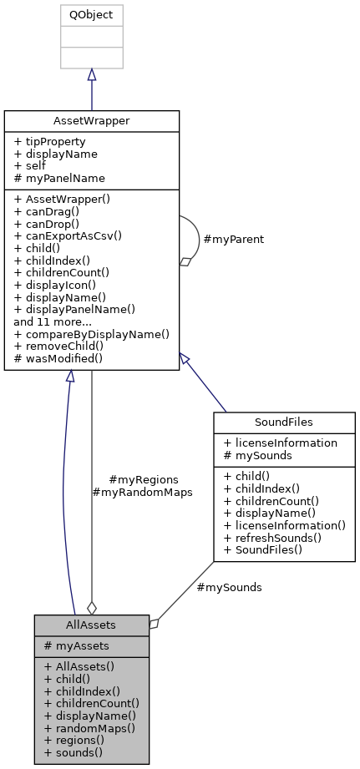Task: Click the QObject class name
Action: (x=91, y=15)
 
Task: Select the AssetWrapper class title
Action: (x=91, y=121)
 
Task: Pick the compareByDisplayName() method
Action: (x=91, y=333)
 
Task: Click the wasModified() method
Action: (x=58, y=358)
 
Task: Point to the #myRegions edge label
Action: (x=144, y=479)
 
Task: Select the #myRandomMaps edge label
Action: (x=142, y=492)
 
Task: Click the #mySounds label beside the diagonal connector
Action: (x=229, y=587)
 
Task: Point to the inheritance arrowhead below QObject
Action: (x=91, y=74)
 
